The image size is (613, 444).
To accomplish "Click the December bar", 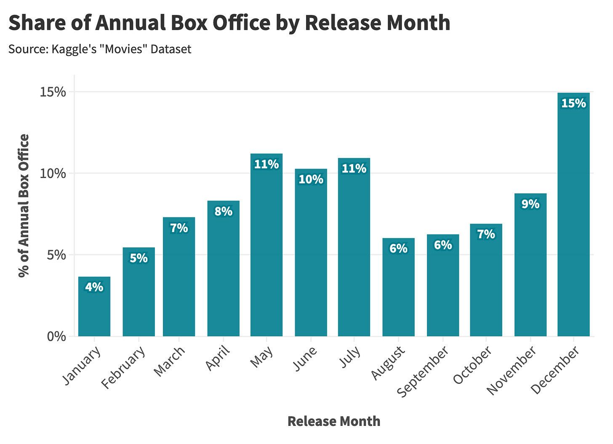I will tap(573, 219).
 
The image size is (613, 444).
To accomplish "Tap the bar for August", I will tap(398, 291).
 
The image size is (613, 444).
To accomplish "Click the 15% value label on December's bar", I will tap(573, 103).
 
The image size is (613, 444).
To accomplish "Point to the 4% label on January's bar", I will tap(94, 287).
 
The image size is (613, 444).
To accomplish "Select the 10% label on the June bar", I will tap(311, 179).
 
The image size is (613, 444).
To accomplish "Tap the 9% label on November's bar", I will tap(530, 204).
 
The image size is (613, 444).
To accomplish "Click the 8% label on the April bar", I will tap(223, 211).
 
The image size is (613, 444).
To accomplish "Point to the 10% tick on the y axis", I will tap(53, 174).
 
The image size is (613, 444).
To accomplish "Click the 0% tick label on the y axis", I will tap(56, 337).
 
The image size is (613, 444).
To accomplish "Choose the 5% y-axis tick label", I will tap(56, 255).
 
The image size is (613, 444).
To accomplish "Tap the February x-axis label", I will tap(124, 367).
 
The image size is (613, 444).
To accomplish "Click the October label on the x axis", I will tap(472, 365).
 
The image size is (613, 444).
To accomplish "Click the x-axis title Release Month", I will tap(333, 421).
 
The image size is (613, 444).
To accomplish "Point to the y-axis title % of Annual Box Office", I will tap(24, 206).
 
